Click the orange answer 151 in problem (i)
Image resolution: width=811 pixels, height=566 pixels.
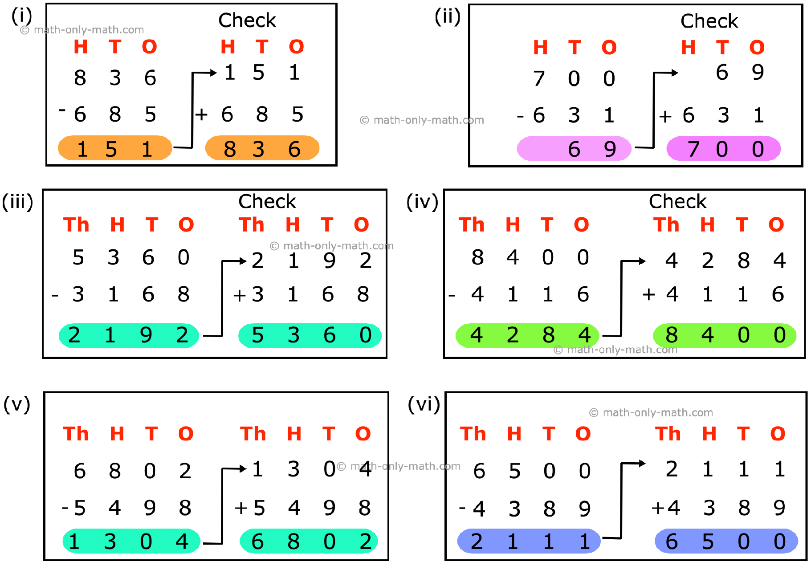115,148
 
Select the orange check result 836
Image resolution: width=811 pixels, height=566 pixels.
262,148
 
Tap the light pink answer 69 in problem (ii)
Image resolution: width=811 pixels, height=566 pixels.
574,148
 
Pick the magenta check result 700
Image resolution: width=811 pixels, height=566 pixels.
724,148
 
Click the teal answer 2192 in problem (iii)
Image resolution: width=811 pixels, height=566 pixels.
129,335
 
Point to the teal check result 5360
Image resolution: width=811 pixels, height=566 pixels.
310,335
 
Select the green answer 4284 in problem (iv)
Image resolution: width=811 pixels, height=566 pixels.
528,335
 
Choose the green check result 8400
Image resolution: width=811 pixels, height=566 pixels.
725,335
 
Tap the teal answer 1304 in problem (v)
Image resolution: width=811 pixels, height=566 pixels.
131,541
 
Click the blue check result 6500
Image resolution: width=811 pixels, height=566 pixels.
726,541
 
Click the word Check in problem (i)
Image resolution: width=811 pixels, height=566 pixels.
247,20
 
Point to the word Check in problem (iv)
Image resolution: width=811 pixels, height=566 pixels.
677,201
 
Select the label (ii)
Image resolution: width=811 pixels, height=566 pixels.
448,17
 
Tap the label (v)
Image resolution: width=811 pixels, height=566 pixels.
17,405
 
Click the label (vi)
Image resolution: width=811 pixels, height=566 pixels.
424,405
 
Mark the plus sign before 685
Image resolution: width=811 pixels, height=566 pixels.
201,115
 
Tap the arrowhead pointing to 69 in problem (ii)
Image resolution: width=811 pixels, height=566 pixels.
675,73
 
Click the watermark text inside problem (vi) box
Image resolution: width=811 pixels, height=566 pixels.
651,413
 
